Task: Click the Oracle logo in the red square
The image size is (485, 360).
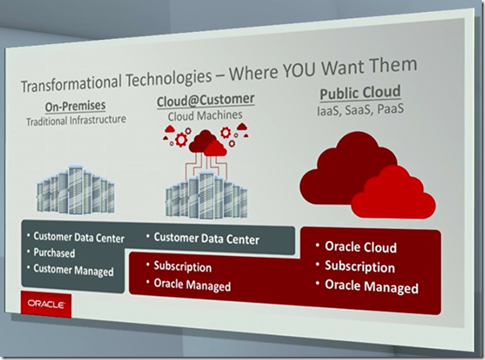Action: (46, 304)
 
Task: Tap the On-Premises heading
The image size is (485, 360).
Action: (75, 106)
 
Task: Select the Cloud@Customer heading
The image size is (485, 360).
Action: (206, 100)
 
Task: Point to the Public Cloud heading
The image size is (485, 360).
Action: (360, 93)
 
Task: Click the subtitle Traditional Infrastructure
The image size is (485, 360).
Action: (76, 120)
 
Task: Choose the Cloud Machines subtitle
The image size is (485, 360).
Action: (205, 116)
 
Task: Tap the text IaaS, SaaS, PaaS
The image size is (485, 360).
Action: (360, 110)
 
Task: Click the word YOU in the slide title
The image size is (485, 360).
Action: (299, 70)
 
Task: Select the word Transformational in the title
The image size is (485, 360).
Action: (71, 82)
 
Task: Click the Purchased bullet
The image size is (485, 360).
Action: (54, 253)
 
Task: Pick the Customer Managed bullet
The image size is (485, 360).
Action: (74, 270)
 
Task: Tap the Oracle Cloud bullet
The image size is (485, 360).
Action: (361, 247)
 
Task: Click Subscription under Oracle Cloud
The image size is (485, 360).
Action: (359, 266)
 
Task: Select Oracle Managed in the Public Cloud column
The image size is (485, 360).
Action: (371, 286)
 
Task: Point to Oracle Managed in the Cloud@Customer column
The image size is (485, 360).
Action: (192, 285)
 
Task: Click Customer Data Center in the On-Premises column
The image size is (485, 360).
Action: (79, 238)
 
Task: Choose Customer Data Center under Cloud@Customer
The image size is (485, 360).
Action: (206, 238)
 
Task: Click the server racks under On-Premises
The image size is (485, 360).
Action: (76, 189)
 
